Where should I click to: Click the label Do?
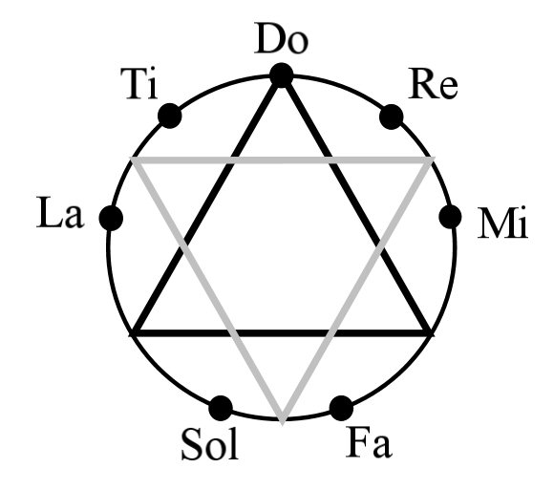[x=281, y=38]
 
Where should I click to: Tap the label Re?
[x=433, y=84]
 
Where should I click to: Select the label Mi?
[x=502, y=224]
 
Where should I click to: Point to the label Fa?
[x=369, y=442]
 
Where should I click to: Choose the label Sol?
[x=210, y=444]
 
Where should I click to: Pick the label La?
[x=60, y=212]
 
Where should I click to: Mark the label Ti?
[x=138, y=84]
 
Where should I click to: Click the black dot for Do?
[x=281, y=75]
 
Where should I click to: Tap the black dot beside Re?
[x=392, y=117]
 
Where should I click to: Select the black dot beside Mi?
[x=450, y=217]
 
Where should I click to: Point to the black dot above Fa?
[x=341, y=408]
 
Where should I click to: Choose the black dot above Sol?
[x=221, y=408]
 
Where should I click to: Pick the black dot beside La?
[x=111, y=218]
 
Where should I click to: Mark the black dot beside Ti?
[x=170, y=116]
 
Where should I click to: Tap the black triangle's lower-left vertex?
[x=134, y=333]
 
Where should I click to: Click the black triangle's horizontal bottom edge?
[x=282, y=333]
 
